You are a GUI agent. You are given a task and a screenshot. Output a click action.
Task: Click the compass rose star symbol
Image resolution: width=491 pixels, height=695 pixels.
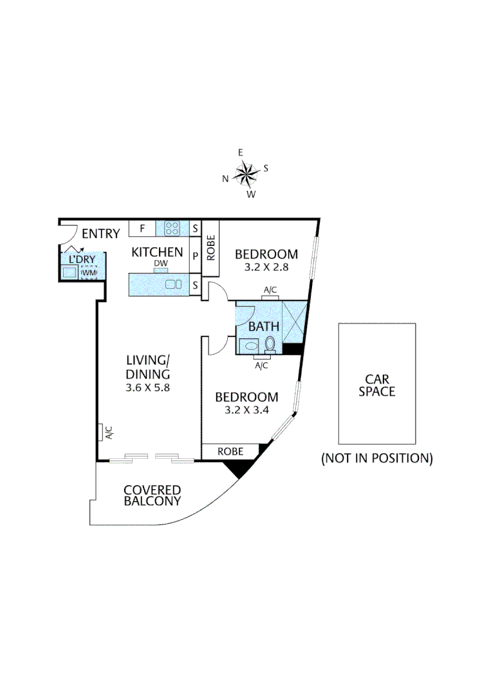click(245, 172)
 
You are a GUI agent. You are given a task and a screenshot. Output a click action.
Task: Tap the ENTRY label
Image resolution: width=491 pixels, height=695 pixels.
click(101, 234)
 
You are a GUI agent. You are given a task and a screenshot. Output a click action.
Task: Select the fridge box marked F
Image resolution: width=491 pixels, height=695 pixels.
click(142, 228)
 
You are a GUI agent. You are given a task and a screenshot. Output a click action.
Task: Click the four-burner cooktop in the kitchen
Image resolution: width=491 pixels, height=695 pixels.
click(172, 228)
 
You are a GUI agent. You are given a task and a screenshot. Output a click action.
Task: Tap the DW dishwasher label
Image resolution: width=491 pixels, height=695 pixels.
click(160, 263)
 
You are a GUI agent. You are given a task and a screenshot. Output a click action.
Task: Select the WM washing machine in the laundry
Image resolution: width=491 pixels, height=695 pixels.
click(88, 273)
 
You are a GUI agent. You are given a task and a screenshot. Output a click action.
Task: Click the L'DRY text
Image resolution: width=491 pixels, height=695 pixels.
click(81, 259)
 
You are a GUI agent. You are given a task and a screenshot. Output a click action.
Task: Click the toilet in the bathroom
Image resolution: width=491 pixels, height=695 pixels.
click(270, 344)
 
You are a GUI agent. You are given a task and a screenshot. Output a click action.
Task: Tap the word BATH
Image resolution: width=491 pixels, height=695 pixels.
click(264, 326)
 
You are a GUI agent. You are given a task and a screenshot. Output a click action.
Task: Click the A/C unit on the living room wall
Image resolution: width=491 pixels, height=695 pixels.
click(102, 433)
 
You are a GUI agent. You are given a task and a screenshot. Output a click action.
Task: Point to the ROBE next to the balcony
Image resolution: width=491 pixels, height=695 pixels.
click(230, 452)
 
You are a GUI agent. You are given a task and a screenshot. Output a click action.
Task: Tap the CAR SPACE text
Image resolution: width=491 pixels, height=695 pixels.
click(377, 385)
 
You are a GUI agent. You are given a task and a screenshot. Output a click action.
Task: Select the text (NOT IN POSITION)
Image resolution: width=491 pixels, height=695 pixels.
click(377, 458)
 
